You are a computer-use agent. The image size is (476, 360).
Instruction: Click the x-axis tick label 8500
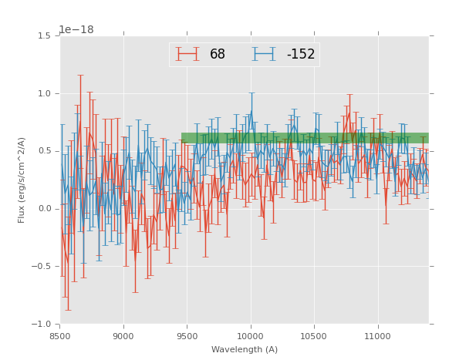pos(60,335)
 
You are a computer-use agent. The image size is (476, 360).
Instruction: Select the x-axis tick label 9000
pos(123,335)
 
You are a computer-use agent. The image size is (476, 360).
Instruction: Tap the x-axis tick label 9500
pos(187,335)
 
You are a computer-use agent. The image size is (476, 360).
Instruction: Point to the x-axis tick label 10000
pos(250,335)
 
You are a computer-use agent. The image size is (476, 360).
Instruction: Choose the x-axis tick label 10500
pos(314,335)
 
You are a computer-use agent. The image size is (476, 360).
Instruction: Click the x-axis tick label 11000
pos(377,335)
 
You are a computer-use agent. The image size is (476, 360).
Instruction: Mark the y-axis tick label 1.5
pos(44,36)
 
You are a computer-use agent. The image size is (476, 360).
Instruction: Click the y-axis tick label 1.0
pos(44,94)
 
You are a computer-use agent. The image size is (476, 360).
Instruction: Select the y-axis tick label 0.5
pos(44,151)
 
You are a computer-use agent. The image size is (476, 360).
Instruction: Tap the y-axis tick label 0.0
pos(44,209)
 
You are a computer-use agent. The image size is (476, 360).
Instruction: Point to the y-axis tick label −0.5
pos(42,267)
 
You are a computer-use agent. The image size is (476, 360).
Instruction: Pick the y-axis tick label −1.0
pos(42,324)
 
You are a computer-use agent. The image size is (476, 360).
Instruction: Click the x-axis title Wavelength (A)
pos(245,350)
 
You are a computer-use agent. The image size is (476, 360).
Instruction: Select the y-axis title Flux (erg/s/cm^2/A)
pos(22,180)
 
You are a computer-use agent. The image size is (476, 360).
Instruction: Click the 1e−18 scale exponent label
pos(76,30)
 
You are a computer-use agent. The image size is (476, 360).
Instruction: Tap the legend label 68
pos(218,55)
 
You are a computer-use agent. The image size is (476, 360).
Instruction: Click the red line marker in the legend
pos(187,54)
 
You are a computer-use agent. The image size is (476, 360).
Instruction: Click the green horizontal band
pos(305,137)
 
